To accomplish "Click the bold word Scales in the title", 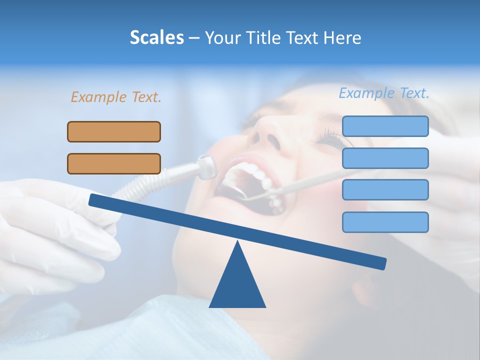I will tap(156, 37).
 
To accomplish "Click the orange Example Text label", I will tap(116, 97).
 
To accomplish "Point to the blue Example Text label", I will tap(384, 93).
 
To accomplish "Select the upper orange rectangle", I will tap(114, 131).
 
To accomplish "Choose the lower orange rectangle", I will tap(114, 163).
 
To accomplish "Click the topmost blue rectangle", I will tap(385, 126).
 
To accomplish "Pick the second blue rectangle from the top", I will tap(385, 158).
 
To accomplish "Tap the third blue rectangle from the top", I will tap(385, 189).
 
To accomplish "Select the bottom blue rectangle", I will tap(385, 222).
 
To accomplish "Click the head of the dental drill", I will tap(205, 166).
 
